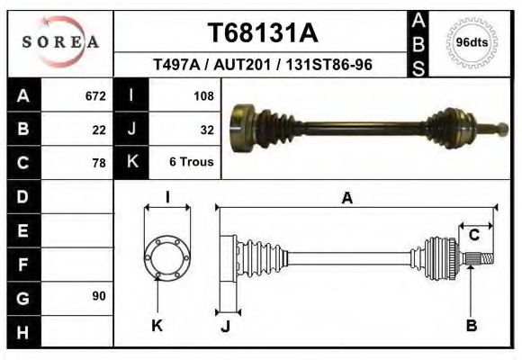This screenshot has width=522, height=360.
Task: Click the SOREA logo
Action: (60, 42)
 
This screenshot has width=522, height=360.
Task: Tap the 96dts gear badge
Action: (472, 42)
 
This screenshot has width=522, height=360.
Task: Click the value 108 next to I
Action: (203, 95)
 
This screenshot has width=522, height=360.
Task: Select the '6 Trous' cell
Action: (191, 163)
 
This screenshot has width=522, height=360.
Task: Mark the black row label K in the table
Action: (132, 162)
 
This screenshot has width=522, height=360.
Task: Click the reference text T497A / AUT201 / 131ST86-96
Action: (264, 66)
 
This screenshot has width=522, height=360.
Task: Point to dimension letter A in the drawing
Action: (346, 199)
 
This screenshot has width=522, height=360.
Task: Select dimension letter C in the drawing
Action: (473, 235)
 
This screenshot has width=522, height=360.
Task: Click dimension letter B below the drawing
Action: (471, 325)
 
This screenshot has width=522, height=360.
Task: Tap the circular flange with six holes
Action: (167, 257)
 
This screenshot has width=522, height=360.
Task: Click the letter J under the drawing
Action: (225, 326)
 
